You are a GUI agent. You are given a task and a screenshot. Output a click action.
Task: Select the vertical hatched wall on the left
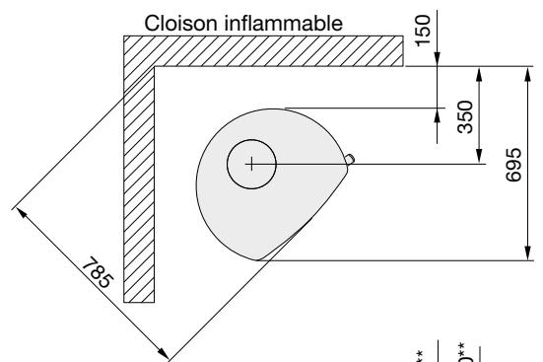pos(139,197)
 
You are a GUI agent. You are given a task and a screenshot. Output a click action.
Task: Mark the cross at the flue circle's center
pos(252,163)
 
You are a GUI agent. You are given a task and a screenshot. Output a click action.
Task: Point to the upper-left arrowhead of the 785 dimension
pos(19,210)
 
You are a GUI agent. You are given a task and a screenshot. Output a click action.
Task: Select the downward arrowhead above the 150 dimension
pos(438,61)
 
